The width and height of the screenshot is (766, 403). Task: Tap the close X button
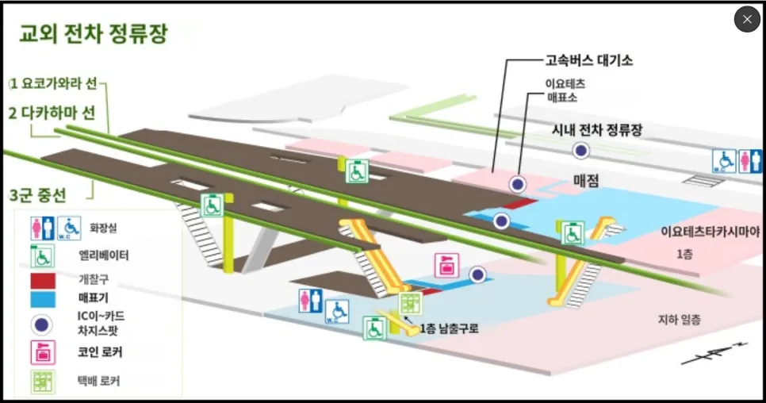747,19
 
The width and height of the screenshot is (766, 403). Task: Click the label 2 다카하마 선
52,113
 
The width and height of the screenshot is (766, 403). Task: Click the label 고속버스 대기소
589,59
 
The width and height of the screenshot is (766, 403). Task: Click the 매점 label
586,181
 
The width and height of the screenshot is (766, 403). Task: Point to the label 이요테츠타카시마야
710,232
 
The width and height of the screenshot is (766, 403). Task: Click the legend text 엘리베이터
104,255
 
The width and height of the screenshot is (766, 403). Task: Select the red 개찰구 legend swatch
42,280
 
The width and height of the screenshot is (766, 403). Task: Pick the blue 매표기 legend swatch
42,298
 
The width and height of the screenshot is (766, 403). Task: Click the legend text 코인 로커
100,351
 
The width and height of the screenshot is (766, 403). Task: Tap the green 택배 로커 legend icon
42,380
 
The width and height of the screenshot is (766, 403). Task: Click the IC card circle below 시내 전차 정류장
582,150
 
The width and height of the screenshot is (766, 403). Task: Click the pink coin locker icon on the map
445,266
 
